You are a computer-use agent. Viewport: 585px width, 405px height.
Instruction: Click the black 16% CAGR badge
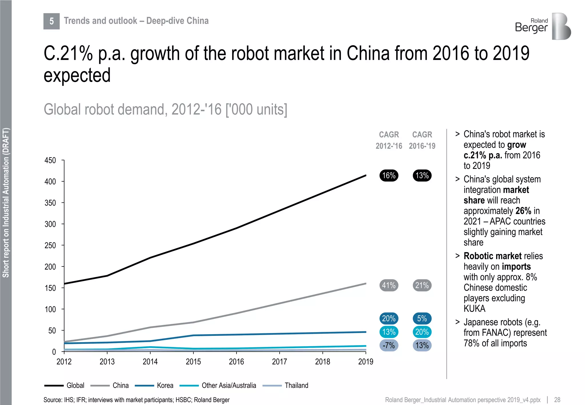(x=389, y=175)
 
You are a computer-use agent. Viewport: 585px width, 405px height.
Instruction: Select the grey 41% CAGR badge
(x=389, y=285)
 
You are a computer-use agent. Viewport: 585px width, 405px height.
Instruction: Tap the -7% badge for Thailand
(x=389, y=345)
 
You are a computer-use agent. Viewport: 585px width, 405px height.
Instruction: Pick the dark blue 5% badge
(x=422, y=318)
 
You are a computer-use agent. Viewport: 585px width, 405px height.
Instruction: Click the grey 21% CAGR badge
(x=422, y=285)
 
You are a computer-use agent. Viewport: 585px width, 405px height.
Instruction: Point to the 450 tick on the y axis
(x=50, y=161)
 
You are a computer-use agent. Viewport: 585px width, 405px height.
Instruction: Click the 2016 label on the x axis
(x=236, y=362)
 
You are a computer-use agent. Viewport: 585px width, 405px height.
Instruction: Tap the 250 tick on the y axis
(x=50, y=246)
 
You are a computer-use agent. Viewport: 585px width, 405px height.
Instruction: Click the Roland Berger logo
(x=543, y=26)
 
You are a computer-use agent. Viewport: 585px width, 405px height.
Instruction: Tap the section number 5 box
(x=51, y=21)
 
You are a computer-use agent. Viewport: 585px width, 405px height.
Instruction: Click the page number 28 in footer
(x=557, y=400)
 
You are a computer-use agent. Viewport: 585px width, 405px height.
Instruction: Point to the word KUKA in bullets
(x=474, y=309)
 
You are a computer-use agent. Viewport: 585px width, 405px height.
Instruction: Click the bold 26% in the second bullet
(x=523, y=211)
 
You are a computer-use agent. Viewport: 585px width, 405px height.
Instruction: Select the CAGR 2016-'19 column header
(x=422, y=140)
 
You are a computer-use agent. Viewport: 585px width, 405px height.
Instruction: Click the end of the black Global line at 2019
(x=365, y=176)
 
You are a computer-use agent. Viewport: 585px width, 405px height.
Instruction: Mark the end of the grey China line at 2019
(x=365, y=284)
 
